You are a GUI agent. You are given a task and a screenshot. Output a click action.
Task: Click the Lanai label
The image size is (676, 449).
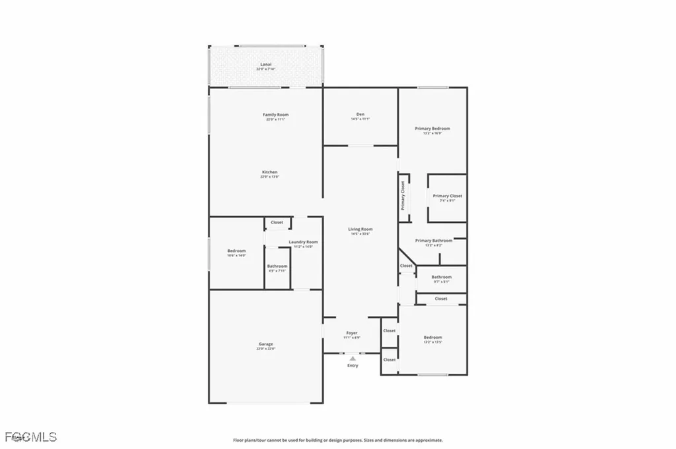pyautogui.click(x=266, y=65)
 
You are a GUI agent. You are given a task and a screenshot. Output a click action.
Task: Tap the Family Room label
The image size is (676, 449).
pyautogui.click(x=275, y=115)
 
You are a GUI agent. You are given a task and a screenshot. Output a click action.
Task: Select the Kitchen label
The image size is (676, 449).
pyautogui.click(x=269, y=173)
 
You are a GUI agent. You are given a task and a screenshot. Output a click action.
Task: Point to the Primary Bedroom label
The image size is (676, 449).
pyautogui.click(x=432, y=129)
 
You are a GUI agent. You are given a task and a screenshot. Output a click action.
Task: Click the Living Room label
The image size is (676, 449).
pyautogui.click(x=360, y=229)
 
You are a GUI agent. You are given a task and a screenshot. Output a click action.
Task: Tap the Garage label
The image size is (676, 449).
pyautogui.click(x=266, y=344)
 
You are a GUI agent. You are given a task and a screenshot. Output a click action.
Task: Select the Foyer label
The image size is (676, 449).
pyautogui.click(x=352, y=334)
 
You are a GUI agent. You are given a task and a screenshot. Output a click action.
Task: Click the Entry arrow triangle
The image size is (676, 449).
pyautogui.click(x=353, y=358)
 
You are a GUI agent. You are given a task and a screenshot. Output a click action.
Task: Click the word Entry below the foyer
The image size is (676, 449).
pyautogui.click(x=353, y=365)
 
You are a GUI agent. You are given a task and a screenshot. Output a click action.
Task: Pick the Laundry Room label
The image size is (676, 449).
pyautogui.click(x=303, y=242)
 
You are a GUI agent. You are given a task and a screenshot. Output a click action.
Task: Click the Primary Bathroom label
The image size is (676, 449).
pyautogui.click(x=434, y=241)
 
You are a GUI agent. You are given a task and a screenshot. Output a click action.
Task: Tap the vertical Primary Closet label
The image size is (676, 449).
pyautogui.click(x=403, y=196)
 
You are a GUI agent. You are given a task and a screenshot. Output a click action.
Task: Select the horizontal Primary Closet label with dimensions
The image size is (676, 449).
pyautogui.click(x=447, y=196)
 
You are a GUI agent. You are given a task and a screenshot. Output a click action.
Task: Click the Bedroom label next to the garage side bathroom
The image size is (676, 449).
pyautogui.click(x=236, y=251)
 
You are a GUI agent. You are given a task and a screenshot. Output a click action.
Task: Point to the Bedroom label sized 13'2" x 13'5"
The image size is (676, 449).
pyautogui.click(x=432, y=338)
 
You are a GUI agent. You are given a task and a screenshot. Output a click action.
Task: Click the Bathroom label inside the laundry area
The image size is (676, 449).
pyautogui.click(x=277, y=266)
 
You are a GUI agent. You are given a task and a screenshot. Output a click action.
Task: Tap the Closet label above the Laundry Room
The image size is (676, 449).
pyautogui.click(x=277, y=222)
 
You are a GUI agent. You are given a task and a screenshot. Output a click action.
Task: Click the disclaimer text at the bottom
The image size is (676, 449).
pyautogui.click(x=337, y=440)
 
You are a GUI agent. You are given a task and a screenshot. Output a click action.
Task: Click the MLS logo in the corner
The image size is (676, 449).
pyautogui.click(x=30, y=436)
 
